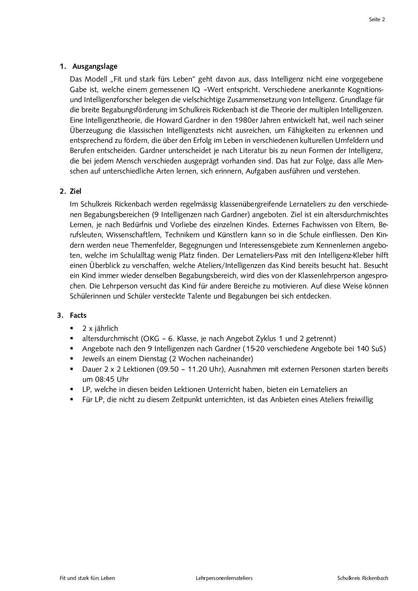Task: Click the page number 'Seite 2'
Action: click(x=377, y=20)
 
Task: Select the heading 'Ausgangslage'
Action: click(x=95, y=66)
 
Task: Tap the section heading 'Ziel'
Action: click(x=76, y=191)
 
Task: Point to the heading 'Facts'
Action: click(x=78, y=315)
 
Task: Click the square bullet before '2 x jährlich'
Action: click(x=72, y=328)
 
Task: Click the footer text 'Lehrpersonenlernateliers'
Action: click(x=224, y=578)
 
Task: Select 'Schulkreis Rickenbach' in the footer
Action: click(x=363, y=578)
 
